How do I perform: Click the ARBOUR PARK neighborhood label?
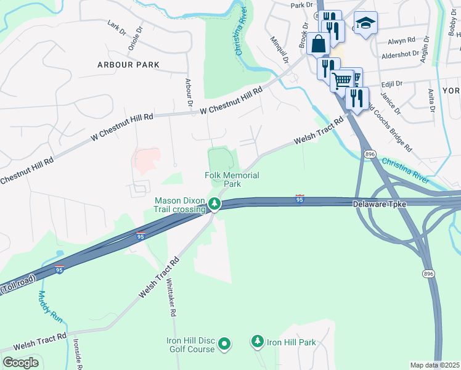coord(128,65)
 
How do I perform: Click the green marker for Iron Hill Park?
coord(258,341)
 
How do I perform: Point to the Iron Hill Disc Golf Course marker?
coord(225,343)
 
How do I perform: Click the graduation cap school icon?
coord(366,23)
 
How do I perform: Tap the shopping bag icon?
coord(319,44)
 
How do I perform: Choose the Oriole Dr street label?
coord(135,37)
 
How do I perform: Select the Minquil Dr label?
coord(279,49)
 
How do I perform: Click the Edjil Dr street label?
coord(391,83)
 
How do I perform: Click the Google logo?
coord(21,363)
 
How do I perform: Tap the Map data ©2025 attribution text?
coord(434,365)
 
